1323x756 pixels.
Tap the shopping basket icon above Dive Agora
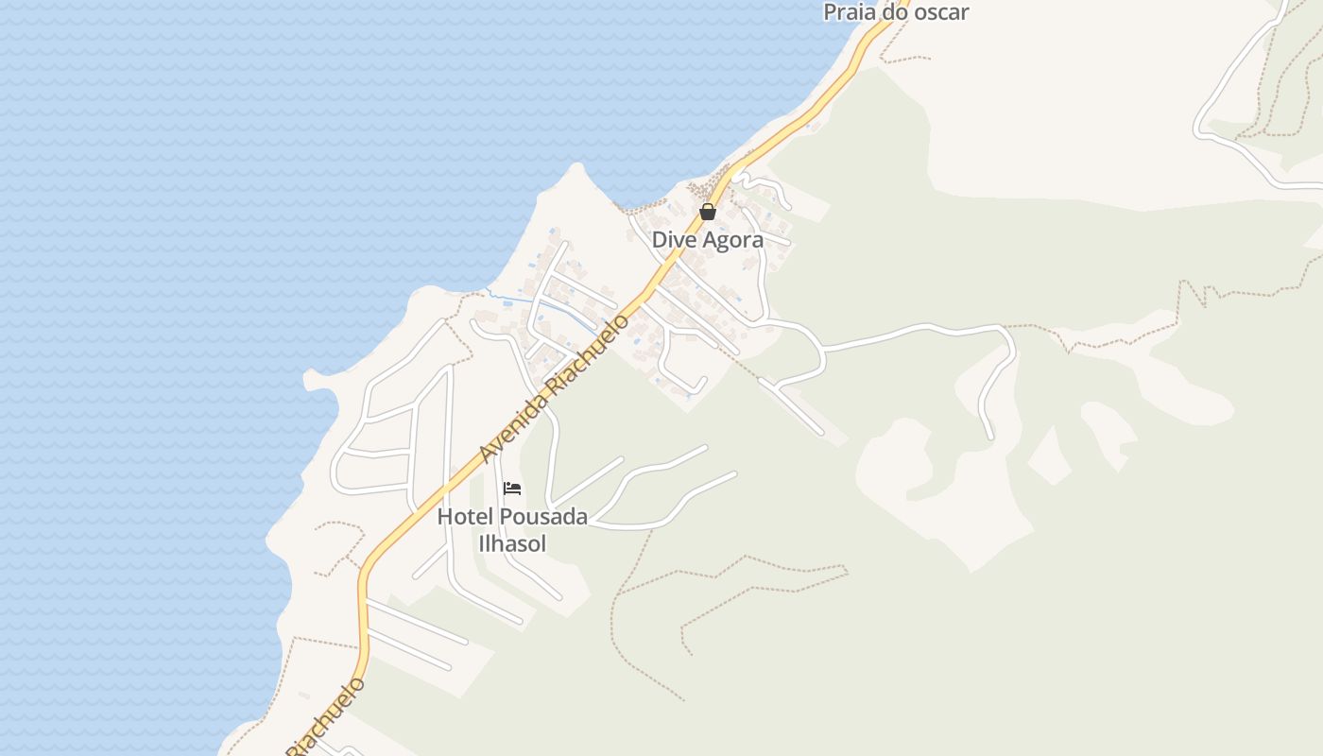pos(708,212)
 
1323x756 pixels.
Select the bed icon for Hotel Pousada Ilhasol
pos(512,489)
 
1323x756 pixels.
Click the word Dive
pos(672,240)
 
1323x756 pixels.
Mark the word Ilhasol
pos(512,543)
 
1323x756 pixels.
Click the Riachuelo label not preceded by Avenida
pos(326,716)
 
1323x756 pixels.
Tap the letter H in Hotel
pos(443,517)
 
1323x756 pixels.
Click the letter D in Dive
pos(659,240)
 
